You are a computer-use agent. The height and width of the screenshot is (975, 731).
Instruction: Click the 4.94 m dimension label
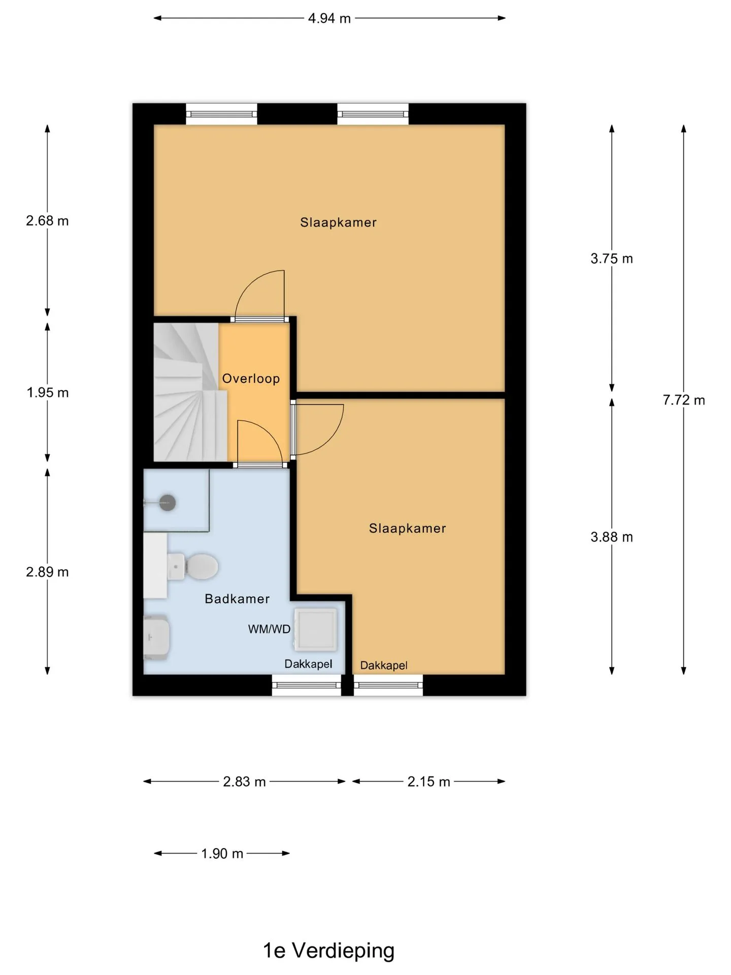point(329,18)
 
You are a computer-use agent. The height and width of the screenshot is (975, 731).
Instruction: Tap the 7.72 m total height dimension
point(684,400)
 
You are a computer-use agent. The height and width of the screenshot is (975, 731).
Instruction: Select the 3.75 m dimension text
point(612,259)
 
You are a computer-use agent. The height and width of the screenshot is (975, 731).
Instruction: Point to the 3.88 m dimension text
point(612,537)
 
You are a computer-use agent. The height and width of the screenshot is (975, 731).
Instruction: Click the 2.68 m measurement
point(47,221)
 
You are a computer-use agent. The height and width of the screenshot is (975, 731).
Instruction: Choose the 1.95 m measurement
point(48,393)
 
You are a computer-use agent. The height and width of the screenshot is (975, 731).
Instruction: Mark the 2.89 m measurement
point(47,572)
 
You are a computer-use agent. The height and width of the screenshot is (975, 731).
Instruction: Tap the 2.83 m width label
point(244,782)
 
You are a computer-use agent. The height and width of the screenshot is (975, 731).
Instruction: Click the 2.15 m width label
point(428,782)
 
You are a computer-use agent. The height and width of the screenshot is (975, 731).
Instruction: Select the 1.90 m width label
point(222,854)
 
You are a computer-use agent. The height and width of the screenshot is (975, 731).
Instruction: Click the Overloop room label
point(251,379)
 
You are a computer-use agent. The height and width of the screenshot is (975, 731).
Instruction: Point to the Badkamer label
point(237,599)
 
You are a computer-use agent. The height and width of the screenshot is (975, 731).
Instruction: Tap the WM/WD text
point(269,630)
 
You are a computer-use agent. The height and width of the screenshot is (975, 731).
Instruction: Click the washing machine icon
point(316,630)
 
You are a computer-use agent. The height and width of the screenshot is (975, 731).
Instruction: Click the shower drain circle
point(168,503)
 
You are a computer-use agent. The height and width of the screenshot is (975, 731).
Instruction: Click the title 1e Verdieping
point(328,951)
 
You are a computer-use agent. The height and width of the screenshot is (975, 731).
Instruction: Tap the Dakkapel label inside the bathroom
point(308,664)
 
